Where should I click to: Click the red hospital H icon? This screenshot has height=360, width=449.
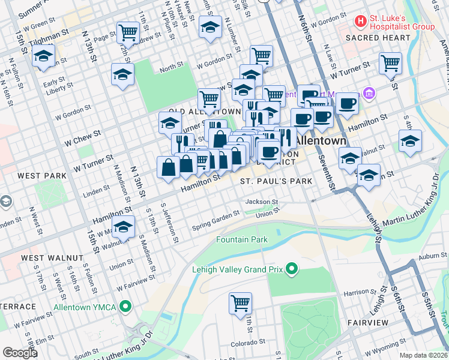pyautogui.click(x=360, y=22)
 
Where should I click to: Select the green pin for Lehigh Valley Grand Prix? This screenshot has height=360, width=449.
pyautogui.click(x=292, y=268)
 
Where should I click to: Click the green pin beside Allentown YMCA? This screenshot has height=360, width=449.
pyautogui.click(x=125, y=307)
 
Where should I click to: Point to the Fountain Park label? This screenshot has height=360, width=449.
pyautogui.click(x=242, y=240)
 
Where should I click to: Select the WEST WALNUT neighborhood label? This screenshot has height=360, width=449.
pyautogui.click(x=52, y=258)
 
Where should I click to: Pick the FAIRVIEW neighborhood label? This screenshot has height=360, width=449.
pyautogui.click(x=368, y=323)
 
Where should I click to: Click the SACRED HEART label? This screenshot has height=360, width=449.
pyautogui.click(x=378, y=38)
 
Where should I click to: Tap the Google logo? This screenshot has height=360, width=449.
pyautogui.click(x=20, y=353)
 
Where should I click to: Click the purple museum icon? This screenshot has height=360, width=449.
pyautogui.click(x=368, y=94)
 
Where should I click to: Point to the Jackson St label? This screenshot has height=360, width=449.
pyautogui.click(x=261, y=202)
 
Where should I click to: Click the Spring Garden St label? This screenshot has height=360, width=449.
pyautogui.click(x=211, y=223)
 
